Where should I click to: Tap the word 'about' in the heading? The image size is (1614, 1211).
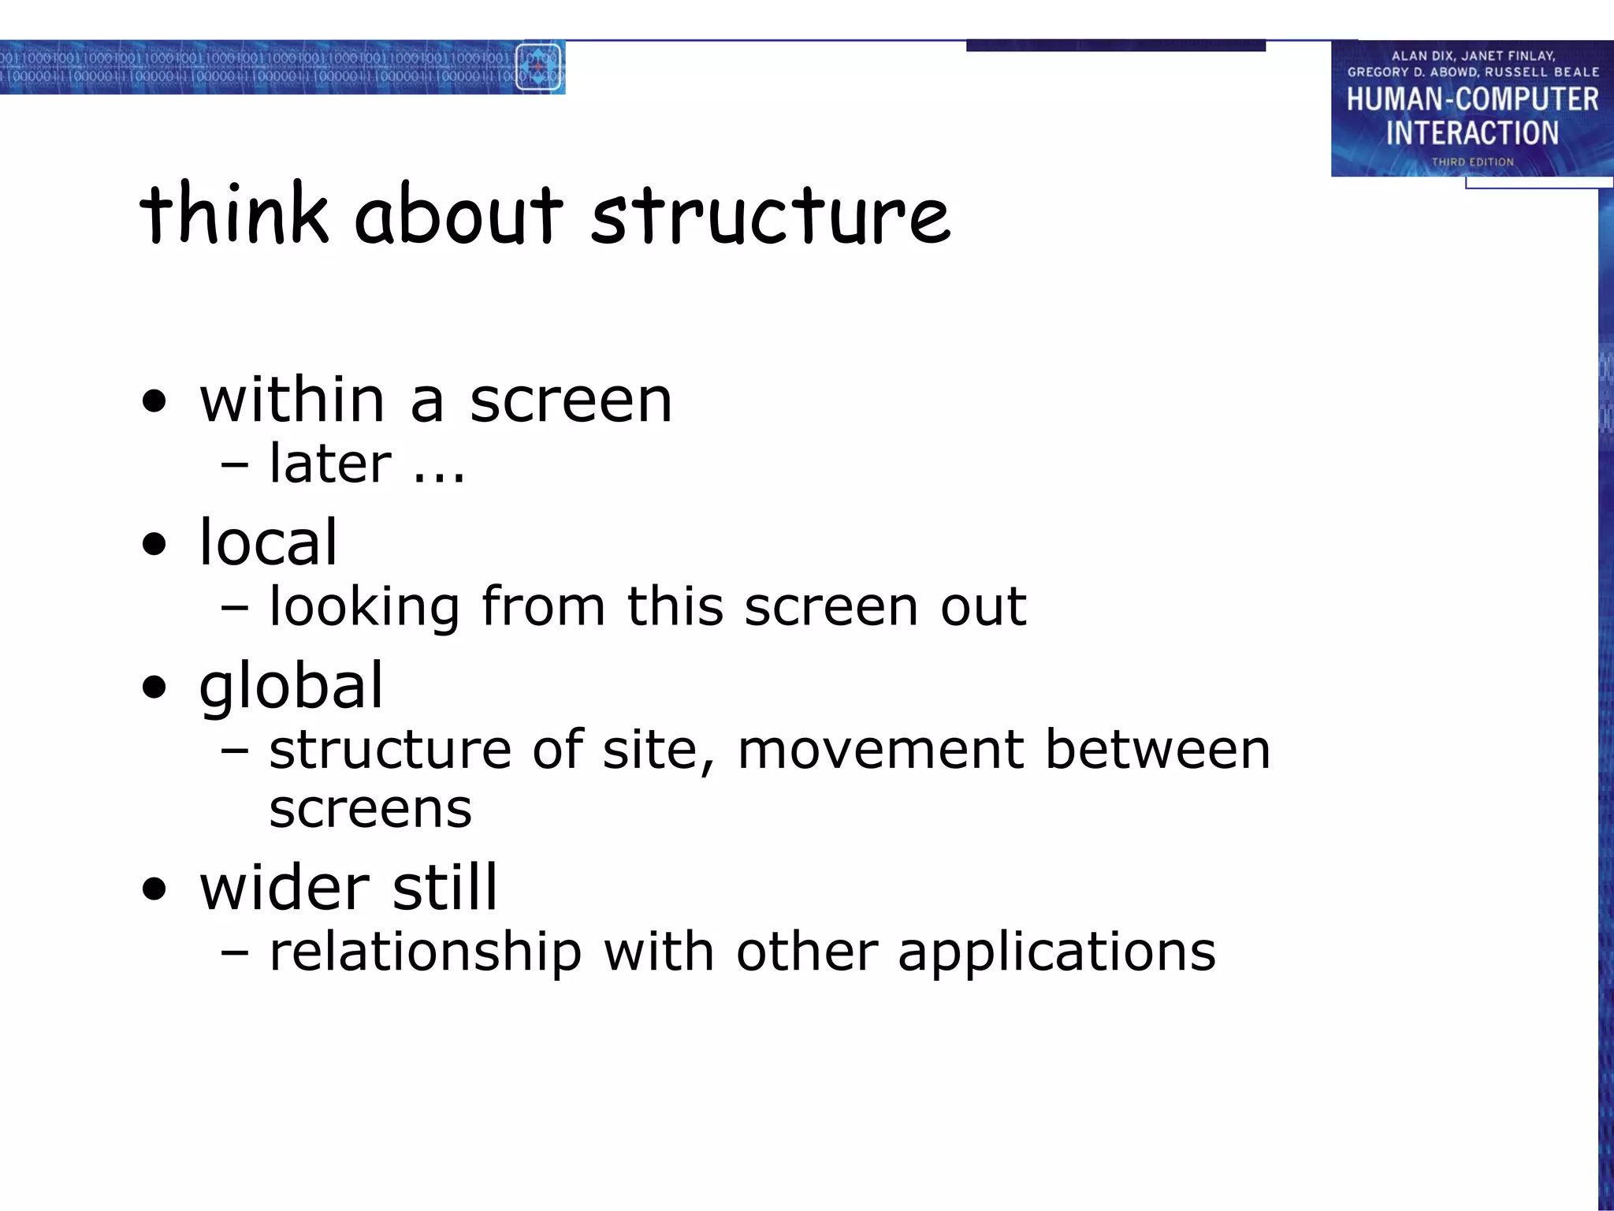(x=459, y=214)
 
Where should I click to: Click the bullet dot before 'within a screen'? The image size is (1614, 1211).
(x=155, y=401)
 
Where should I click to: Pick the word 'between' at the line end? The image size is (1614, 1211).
(x=1157, y=750)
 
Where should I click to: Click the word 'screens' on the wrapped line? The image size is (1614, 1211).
(x=370, y=810)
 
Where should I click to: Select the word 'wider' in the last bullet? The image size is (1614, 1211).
(x=284, y=888)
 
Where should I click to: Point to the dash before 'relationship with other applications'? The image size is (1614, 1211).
(x=235, y=952)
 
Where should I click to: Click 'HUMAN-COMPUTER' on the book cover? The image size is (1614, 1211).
(x=1471, y=100)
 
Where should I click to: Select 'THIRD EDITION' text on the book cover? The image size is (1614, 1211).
(x=1472, y=162)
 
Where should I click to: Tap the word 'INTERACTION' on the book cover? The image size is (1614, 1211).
(x=1472, y=133)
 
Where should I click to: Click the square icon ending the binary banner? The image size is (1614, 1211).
(x=538, y=68)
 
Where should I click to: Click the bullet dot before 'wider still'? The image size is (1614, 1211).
(x=155, y=889)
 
